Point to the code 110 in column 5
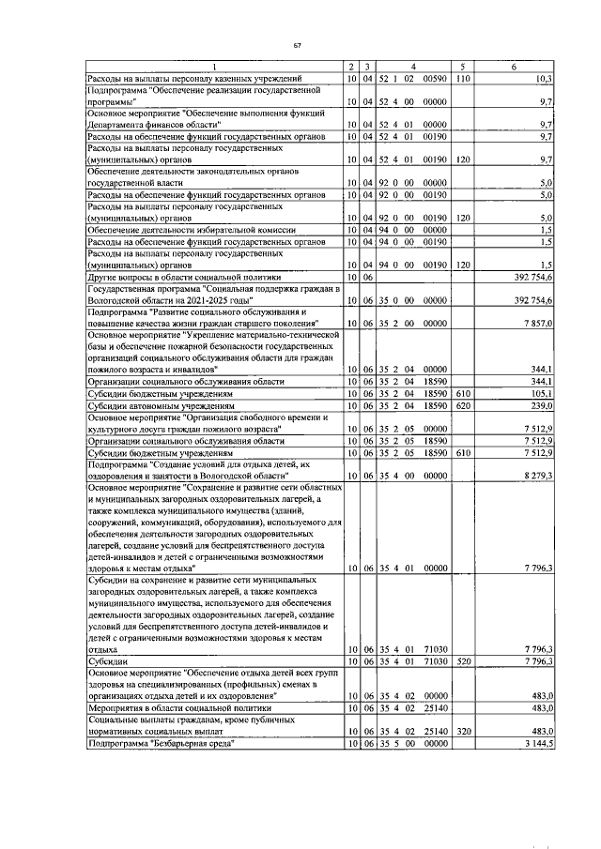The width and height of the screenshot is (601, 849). (463, 76)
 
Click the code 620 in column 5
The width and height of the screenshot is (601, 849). (463, 406)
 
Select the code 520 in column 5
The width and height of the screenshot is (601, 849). (463, 660)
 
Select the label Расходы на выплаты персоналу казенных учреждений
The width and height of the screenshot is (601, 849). (193, 76)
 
